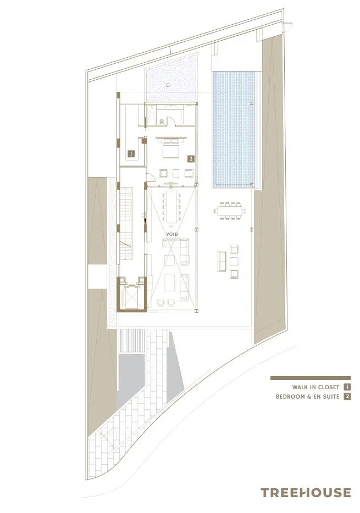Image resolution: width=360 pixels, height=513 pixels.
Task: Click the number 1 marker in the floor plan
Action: (131, 154)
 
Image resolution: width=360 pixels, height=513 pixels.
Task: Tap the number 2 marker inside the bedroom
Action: (191, 158)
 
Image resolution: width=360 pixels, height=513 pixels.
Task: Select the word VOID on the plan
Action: (172, 234)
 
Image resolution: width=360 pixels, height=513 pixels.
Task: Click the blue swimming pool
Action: (234, 129)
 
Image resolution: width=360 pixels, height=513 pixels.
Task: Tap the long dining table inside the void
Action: (173, 206)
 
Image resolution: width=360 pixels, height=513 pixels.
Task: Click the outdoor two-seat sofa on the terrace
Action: (223, 261)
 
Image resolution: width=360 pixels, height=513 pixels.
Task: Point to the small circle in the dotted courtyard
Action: (168, 85)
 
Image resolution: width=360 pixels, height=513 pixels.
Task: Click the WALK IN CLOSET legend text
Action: (315, 387)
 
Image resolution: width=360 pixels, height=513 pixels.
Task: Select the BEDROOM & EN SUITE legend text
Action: (307, 396)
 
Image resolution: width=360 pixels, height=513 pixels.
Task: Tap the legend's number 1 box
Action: (347, 387)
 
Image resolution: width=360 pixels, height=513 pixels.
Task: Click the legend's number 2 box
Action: (347, 396)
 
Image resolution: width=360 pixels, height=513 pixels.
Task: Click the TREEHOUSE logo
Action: (305, 492)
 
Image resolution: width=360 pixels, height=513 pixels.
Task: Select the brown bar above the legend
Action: (310, 378)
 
